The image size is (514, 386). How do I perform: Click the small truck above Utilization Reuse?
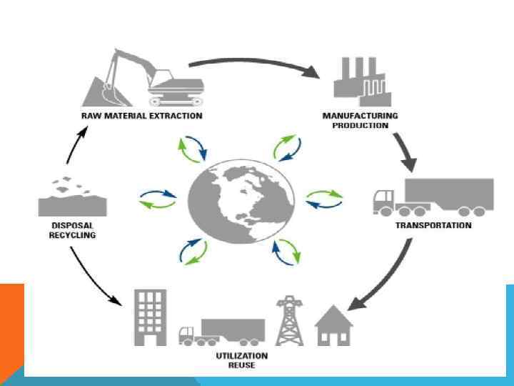[222, 331]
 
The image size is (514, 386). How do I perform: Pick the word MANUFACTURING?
[361, 116]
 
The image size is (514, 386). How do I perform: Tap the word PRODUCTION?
[361, 125]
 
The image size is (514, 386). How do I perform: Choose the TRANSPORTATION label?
[433, 225]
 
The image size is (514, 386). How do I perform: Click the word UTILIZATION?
[223, 355]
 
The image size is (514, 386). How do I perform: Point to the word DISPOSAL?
[72, 225]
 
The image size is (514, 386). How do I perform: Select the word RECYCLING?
[72, 234]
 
